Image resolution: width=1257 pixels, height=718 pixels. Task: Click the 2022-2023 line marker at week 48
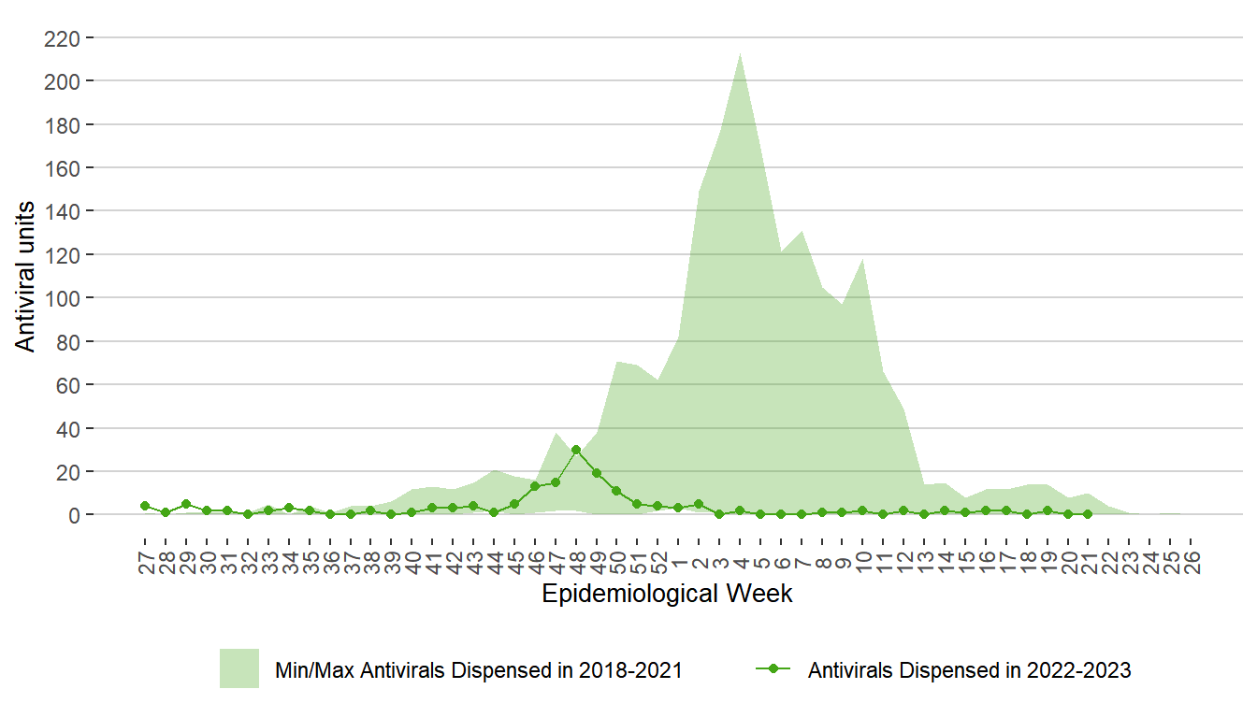pos(576,450)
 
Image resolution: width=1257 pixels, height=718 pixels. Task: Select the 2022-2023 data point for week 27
pos(145,506)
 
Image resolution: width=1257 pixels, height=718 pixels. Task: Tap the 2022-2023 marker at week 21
pos(1087,514)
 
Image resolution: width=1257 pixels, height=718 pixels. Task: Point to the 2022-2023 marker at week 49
pos(596,473)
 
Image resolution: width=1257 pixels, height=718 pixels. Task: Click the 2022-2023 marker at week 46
pos(535,486)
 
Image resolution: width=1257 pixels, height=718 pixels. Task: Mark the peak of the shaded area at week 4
pos(740,52)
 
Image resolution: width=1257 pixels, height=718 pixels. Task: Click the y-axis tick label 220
pos(62,38)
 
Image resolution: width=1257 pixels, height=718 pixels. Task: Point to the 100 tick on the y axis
pos(62,298)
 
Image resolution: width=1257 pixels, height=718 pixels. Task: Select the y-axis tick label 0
pos(74,515)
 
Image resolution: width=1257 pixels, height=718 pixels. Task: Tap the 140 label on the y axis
pos(62,211)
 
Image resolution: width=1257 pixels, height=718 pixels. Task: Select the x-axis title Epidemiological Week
pos(667,594)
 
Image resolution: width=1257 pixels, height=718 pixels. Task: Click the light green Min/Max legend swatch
pos(238,668)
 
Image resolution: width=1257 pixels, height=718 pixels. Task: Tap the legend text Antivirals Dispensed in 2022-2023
pos(969,670)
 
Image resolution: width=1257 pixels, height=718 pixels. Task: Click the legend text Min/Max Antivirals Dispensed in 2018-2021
pos(478,670)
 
